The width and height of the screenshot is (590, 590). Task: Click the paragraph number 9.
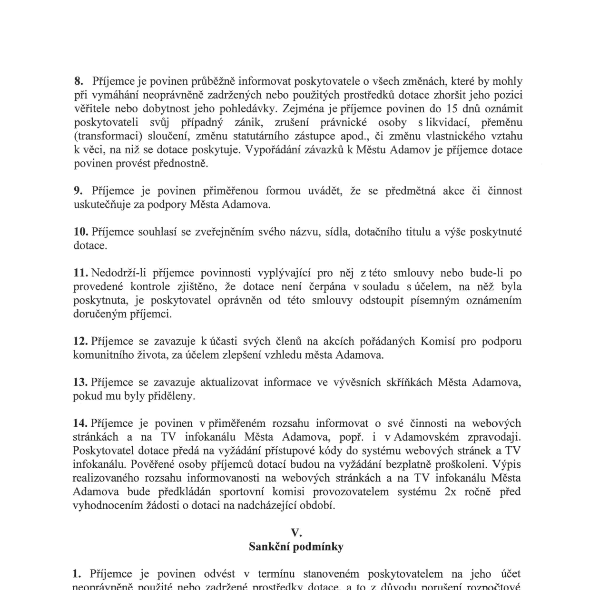point(78,191)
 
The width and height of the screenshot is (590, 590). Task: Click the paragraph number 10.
point(80,232)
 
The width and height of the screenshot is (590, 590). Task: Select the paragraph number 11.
point(80,273)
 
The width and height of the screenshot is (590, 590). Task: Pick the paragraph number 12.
point(80,342)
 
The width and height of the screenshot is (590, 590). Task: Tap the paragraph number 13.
point(80,383)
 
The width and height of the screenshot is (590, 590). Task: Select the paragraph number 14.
point(80,423)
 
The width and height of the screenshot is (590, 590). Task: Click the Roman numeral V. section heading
point(296,533)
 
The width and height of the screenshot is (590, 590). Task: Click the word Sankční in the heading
point(269,547)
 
